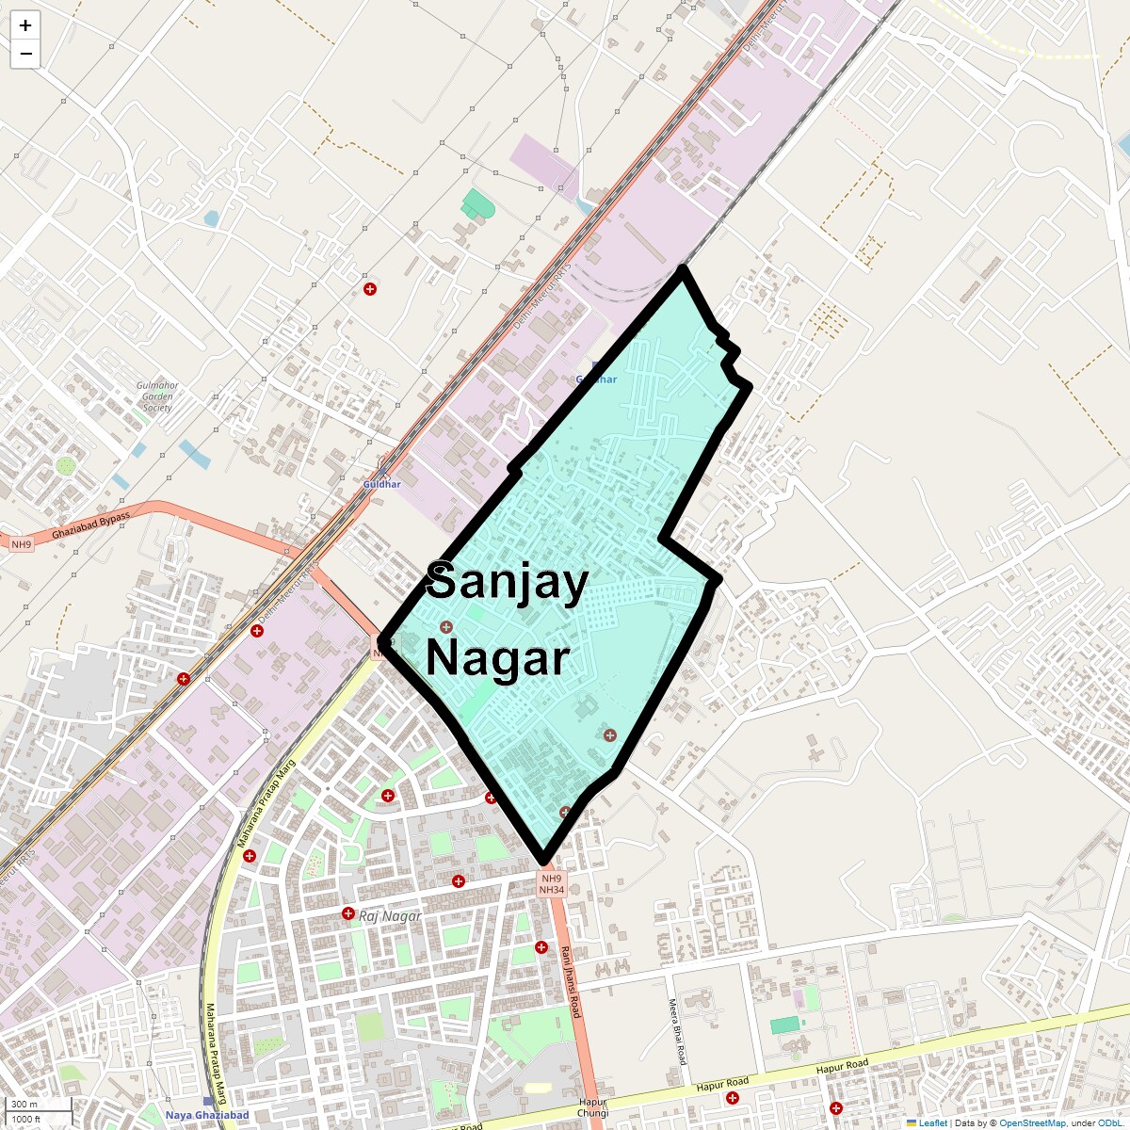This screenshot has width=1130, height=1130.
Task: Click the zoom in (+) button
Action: (25, 25)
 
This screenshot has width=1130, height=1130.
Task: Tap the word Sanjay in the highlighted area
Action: (507, 581)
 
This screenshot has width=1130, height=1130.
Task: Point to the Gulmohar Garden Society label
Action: (156, 396)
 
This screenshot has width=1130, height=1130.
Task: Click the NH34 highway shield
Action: (552, 889)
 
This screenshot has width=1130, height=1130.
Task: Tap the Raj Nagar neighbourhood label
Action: (390, 915)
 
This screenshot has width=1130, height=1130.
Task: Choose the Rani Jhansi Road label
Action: (571, 981)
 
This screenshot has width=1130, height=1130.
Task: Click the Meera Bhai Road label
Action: (674, 1032)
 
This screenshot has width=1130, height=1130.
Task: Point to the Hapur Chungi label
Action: (593, 1107)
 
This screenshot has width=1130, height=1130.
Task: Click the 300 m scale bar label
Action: (25, 1104)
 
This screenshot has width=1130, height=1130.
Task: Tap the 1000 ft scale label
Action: (27, 1119)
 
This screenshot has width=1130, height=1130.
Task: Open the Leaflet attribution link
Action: (933, 1123)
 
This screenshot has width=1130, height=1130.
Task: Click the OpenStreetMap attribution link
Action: (1032, 1123)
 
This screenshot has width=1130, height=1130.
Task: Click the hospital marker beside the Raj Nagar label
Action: (347, 913)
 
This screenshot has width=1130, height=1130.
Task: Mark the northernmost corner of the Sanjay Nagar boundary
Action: (682, 270)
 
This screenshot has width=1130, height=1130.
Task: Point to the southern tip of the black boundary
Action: (543, 861)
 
